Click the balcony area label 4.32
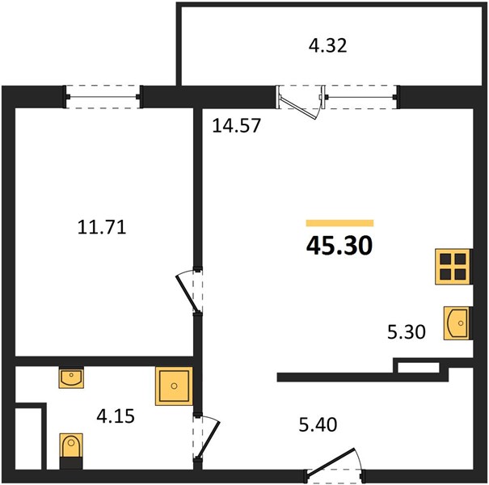click(327, 45)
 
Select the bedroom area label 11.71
click(102, 227)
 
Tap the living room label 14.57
click(236, 125)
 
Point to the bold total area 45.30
click(339, 245)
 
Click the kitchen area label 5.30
click(407, 332)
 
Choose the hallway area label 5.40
click(318, 424)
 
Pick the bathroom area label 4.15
click(116, 415)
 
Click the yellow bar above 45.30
click(339, 222)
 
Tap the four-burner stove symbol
click(453, 267)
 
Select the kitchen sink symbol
click(457, 323)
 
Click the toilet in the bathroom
click(71, 451)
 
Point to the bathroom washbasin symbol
click(71, 377)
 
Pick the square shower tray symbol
click(174, 386)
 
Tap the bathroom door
click(207, 437)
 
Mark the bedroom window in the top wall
click(103, 97)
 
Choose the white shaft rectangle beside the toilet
click(28, 438)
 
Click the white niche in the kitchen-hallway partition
click(418, 368)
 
